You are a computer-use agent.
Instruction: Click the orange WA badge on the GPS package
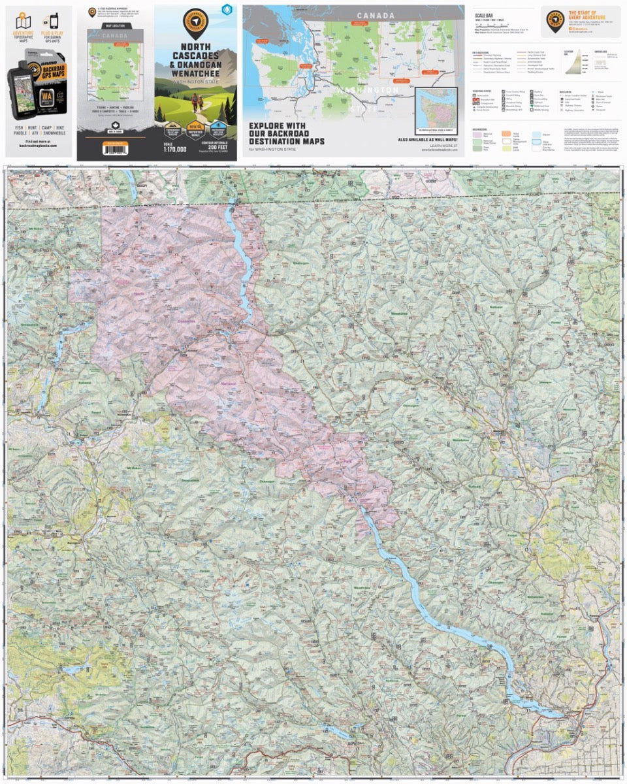coord(46,96)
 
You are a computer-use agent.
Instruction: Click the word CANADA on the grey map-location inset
coord(115,35)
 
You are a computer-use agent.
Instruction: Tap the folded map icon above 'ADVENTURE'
coord(22,21)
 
